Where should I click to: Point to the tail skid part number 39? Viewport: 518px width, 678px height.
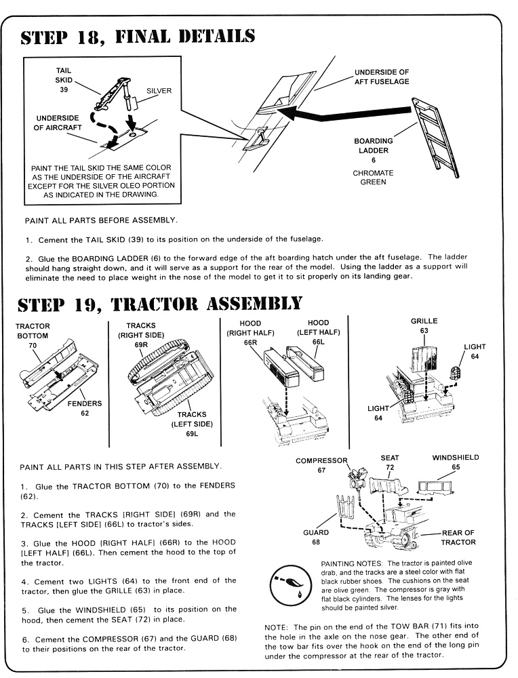63,89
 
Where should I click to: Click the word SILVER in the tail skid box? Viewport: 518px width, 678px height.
159,90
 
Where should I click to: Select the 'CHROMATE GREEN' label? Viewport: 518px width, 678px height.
373,178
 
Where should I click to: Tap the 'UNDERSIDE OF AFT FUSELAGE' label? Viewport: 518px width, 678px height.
382,77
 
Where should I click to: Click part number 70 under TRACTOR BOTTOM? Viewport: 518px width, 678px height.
32,345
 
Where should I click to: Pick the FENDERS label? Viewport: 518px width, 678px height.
85,403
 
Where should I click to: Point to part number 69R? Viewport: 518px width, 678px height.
140,344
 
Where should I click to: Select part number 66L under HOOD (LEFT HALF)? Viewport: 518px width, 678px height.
318,342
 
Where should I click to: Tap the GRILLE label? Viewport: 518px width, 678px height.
424,321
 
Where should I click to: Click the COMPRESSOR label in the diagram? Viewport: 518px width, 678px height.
321,461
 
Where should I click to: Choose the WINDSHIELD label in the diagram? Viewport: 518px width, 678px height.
456,458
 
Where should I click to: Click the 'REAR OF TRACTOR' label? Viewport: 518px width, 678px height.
458,537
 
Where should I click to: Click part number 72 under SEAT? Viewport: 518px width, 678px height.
390,468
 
